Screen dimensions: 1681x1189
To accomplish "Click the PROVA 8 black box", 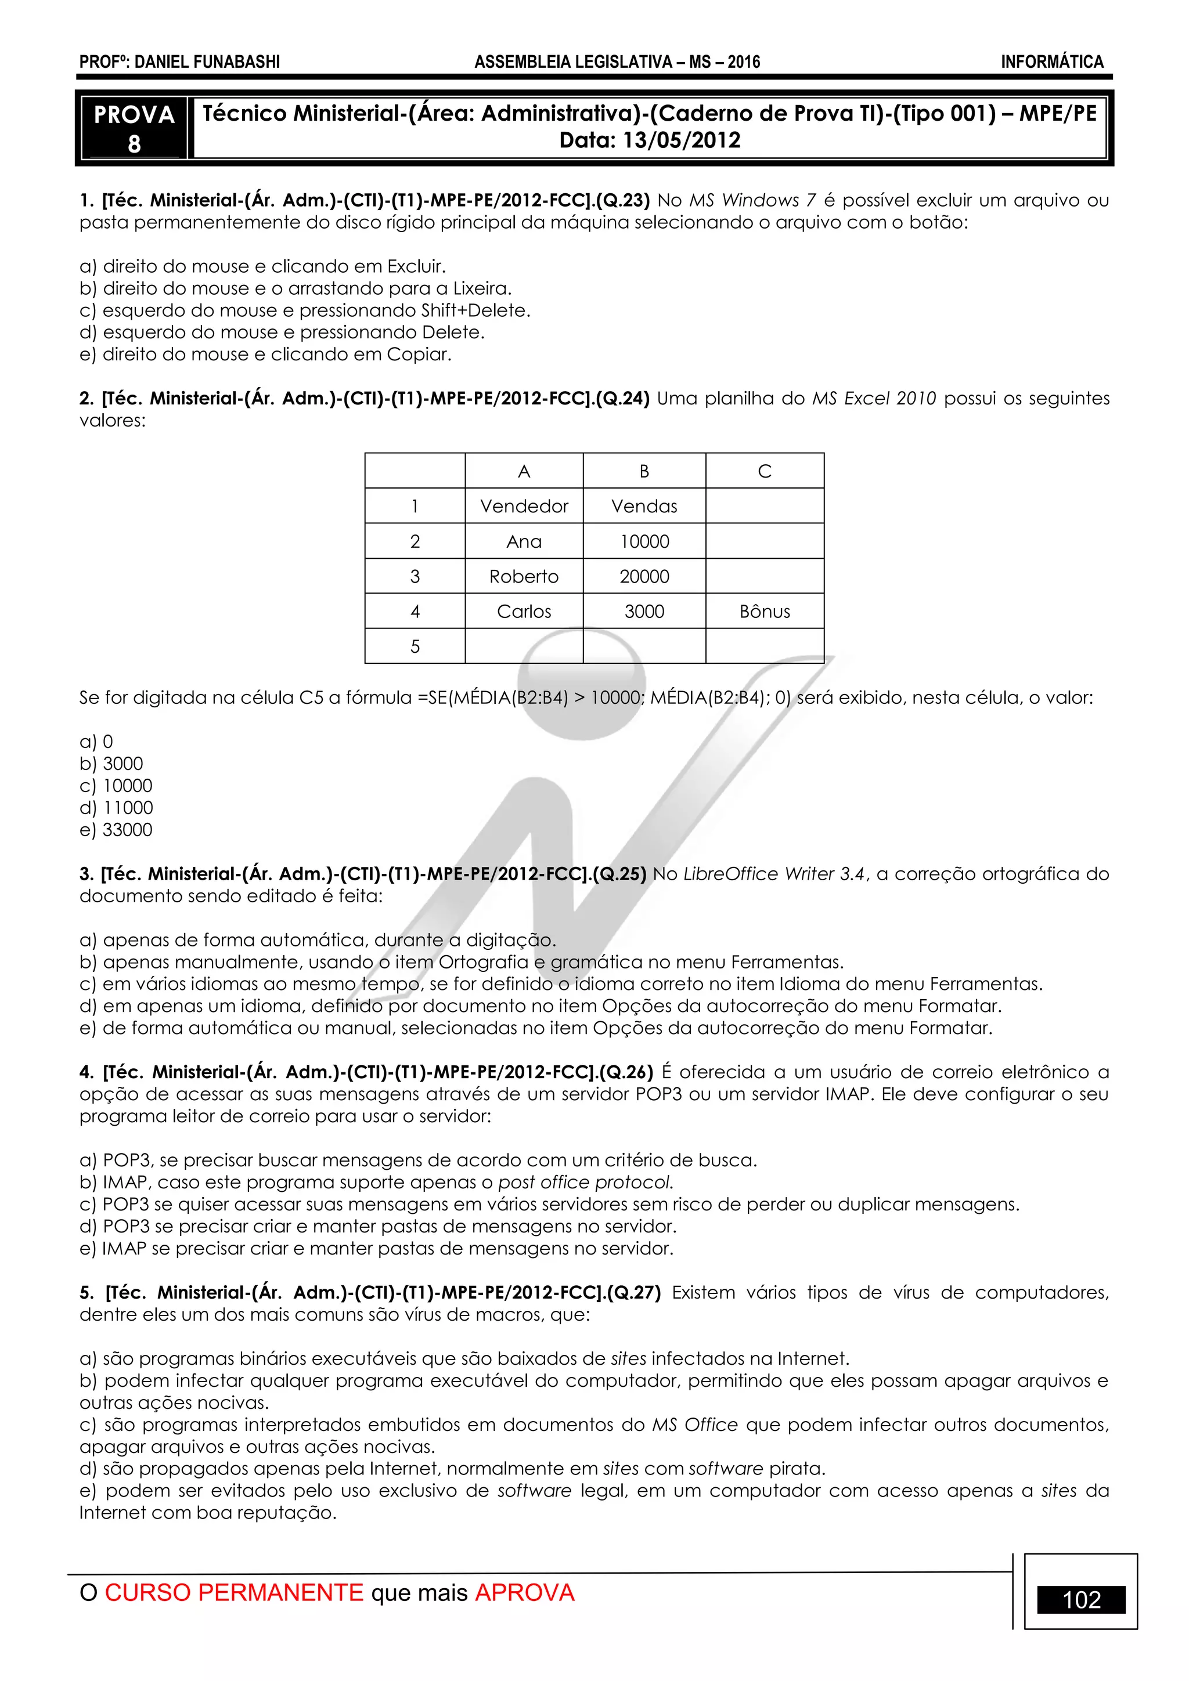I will coord(134,128).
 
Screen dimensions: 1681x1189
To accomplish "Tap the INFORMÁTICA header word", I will coord(1052,62).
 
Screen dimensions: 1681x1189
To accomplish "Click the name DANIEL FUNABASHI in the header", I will coord(207,62).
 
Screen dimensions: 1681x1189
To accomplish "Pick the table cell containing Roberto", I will coord(524,576).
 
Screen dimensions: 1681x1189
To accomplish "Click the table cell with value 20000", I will coord(644,576).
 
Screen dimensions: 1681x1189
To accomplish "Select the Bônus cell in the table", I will coord(764,612).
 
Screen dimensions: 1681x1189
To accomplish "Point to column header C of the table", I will coord(764,471).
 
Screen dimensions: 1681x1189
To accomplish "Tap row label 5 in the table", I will coord(415,646).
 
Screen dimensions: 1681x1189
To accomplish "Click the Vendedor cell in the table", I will coord(524,506).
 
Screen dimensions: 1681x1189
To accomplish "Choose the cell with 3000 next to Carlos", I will coord(644,612).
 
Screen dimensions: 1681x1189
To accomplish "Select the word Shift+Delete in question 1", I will coord(475,310).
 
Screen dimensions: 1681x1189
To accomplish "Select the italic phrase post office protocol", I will coord(585,1183).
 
